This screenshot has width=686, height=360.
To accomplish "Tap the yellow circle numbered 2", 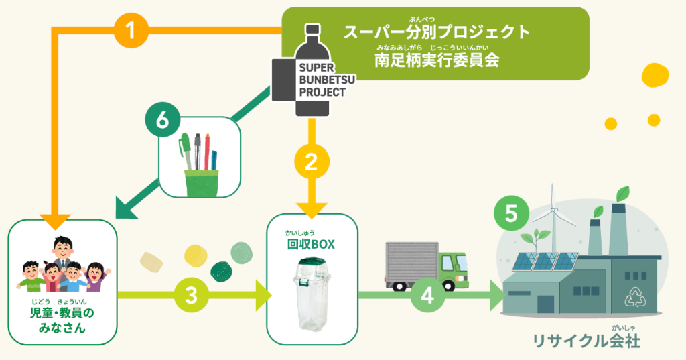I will (311, 162).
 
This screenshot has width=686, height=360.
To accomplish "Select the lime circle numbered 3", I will (190, 294).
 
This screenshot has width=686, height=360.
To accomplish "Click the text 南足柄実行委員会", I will (437, 59).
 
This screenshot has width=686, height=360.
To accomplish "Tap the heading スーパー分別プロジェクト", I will (437, 31).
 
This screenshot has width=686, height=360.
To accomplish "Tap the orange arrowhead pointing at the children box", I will (56, 220).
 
